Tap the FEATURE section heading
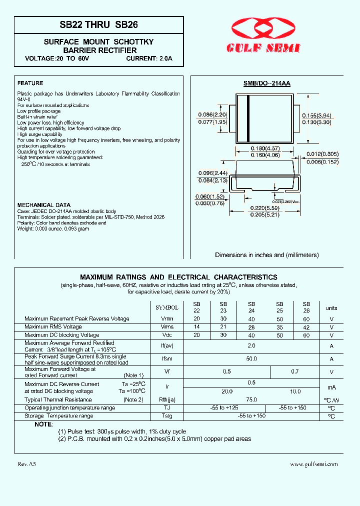[30, 83]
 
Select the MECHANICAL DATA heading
[43, 205]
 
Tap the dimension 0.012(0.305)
[322, 154]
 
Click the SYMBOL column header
[167, 308]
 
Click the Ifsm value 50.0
[251, 358]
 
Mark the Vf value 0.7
[294, 372]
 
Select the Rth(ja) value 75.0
[251, 399]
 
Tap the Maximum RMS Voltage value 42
[306, 327]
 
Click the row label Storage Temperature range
[58, 416]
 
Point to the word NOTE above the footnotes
[43, 424]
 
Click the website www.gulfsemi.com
[314, 464]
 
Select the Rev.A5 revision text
[26, 464]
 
